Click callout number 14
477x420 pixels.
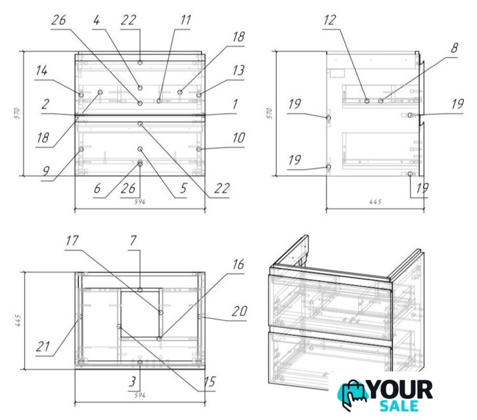[41, 70]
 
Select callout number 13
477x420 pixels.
[238, 70]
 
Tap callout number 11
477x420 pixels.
[185, 20]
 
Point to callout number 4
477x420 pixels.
[97, 20]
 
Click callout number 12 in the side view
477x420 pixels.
[330, 20]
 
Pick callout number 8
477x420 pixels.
[454, 48]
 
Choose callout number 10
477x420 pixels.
[238, 138]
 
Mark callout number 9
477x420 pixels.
[45, 171]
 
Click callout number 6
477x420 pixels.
[97, 188]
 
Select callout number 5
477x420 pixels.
[183, 188]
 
